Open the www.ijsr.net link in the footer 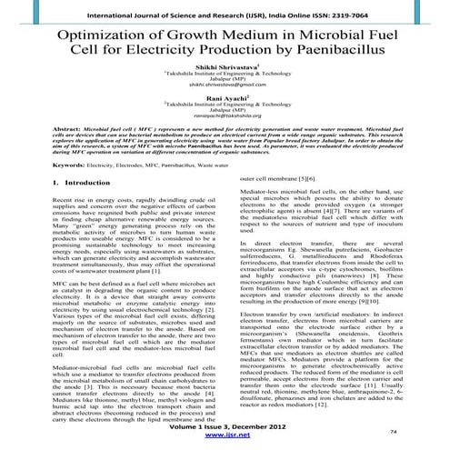click(x=223, y=436)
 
